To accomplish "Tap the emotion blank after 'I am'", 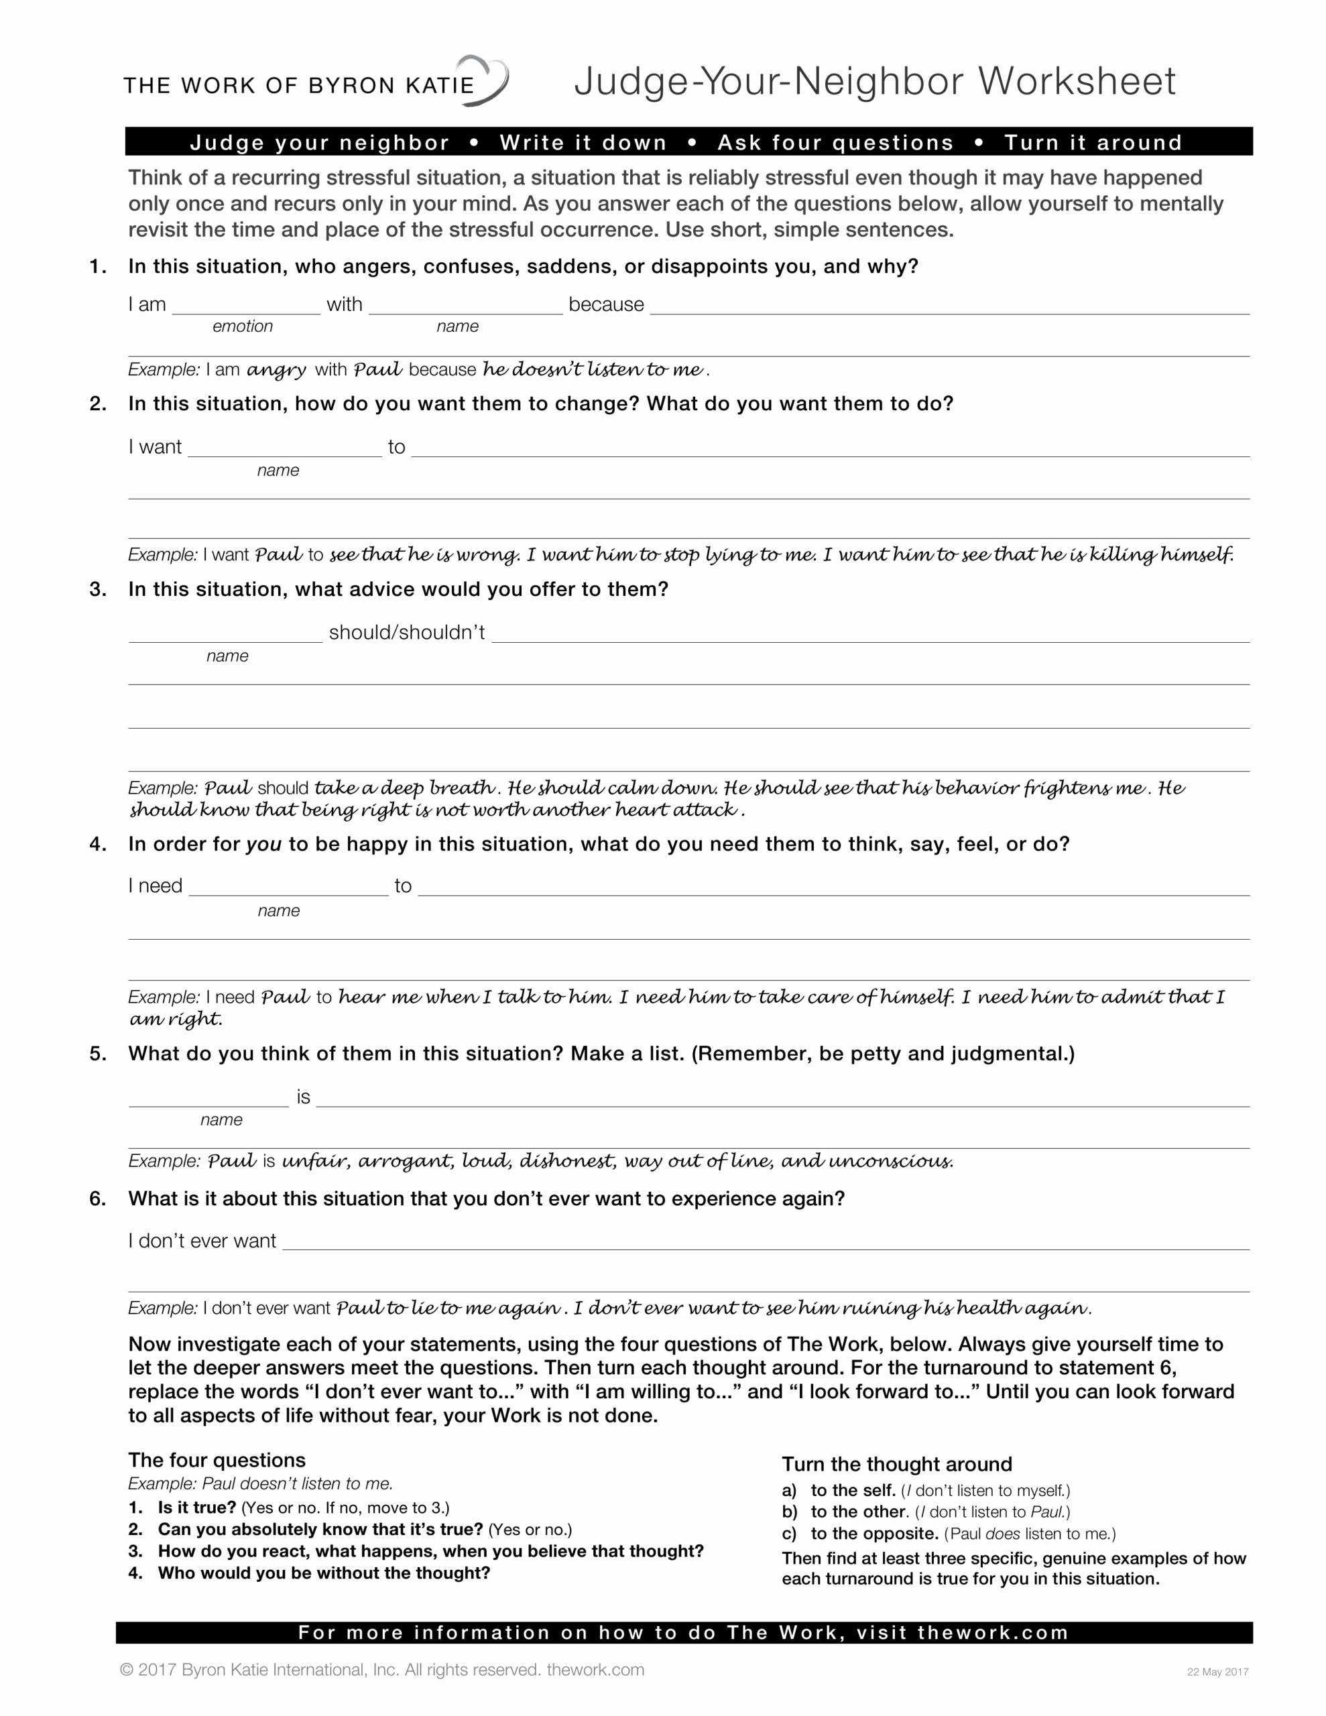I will coord(246,306).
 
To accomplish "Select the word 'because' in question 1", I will coord(606,305).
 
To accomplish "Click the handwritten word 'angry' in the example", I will coord(276,369).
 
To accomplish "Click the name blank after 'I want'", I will coord(284,448).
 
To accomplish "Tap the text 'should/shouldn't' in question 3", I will coord(406,633).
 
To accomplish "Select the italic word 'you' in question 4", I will coord(263,845).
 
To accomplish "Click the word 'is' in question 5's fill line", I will coord(304,1098).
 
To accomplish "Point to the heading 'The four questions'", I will coord(217,1460).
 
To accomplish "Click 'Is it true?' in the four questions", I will coord(196,1508).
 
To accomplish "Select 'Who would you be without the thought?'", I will coord(324,1573).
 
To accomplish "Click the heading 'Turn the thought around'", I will coord(896,1464).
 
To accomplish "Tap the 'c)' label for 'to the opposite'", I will coord(789,1534).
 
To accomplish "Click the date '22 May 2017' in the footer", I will coord(1217,1672).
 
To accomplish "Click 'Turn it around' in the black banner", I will coord(1093,142).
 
